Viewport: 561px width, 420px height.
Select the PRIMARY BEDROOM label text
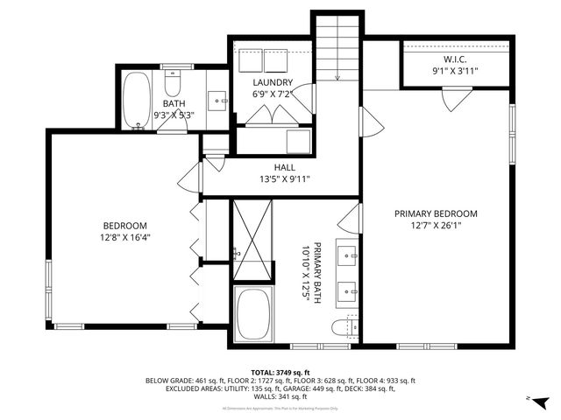pyautogui.click(x=435, y=213)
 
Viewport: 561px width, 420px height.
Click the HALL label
pyautogui.click(x=284, y=167)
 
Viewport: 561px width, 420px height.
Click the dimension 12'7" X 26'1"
pyautogui.click(x=435, y=226)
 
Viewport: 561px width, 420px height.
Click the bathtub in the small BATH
pyautogui.click(x=136, y=100)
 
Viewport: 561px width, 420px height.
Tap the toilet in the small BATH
pyautogui.click(x=172, y=85)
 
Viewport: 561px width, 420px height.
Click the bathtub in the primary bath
pyautogui.click(x=253, y=315)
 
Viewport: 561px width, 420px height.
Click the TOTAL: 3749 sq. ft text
pyautogui.click(x=280, y=372)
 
